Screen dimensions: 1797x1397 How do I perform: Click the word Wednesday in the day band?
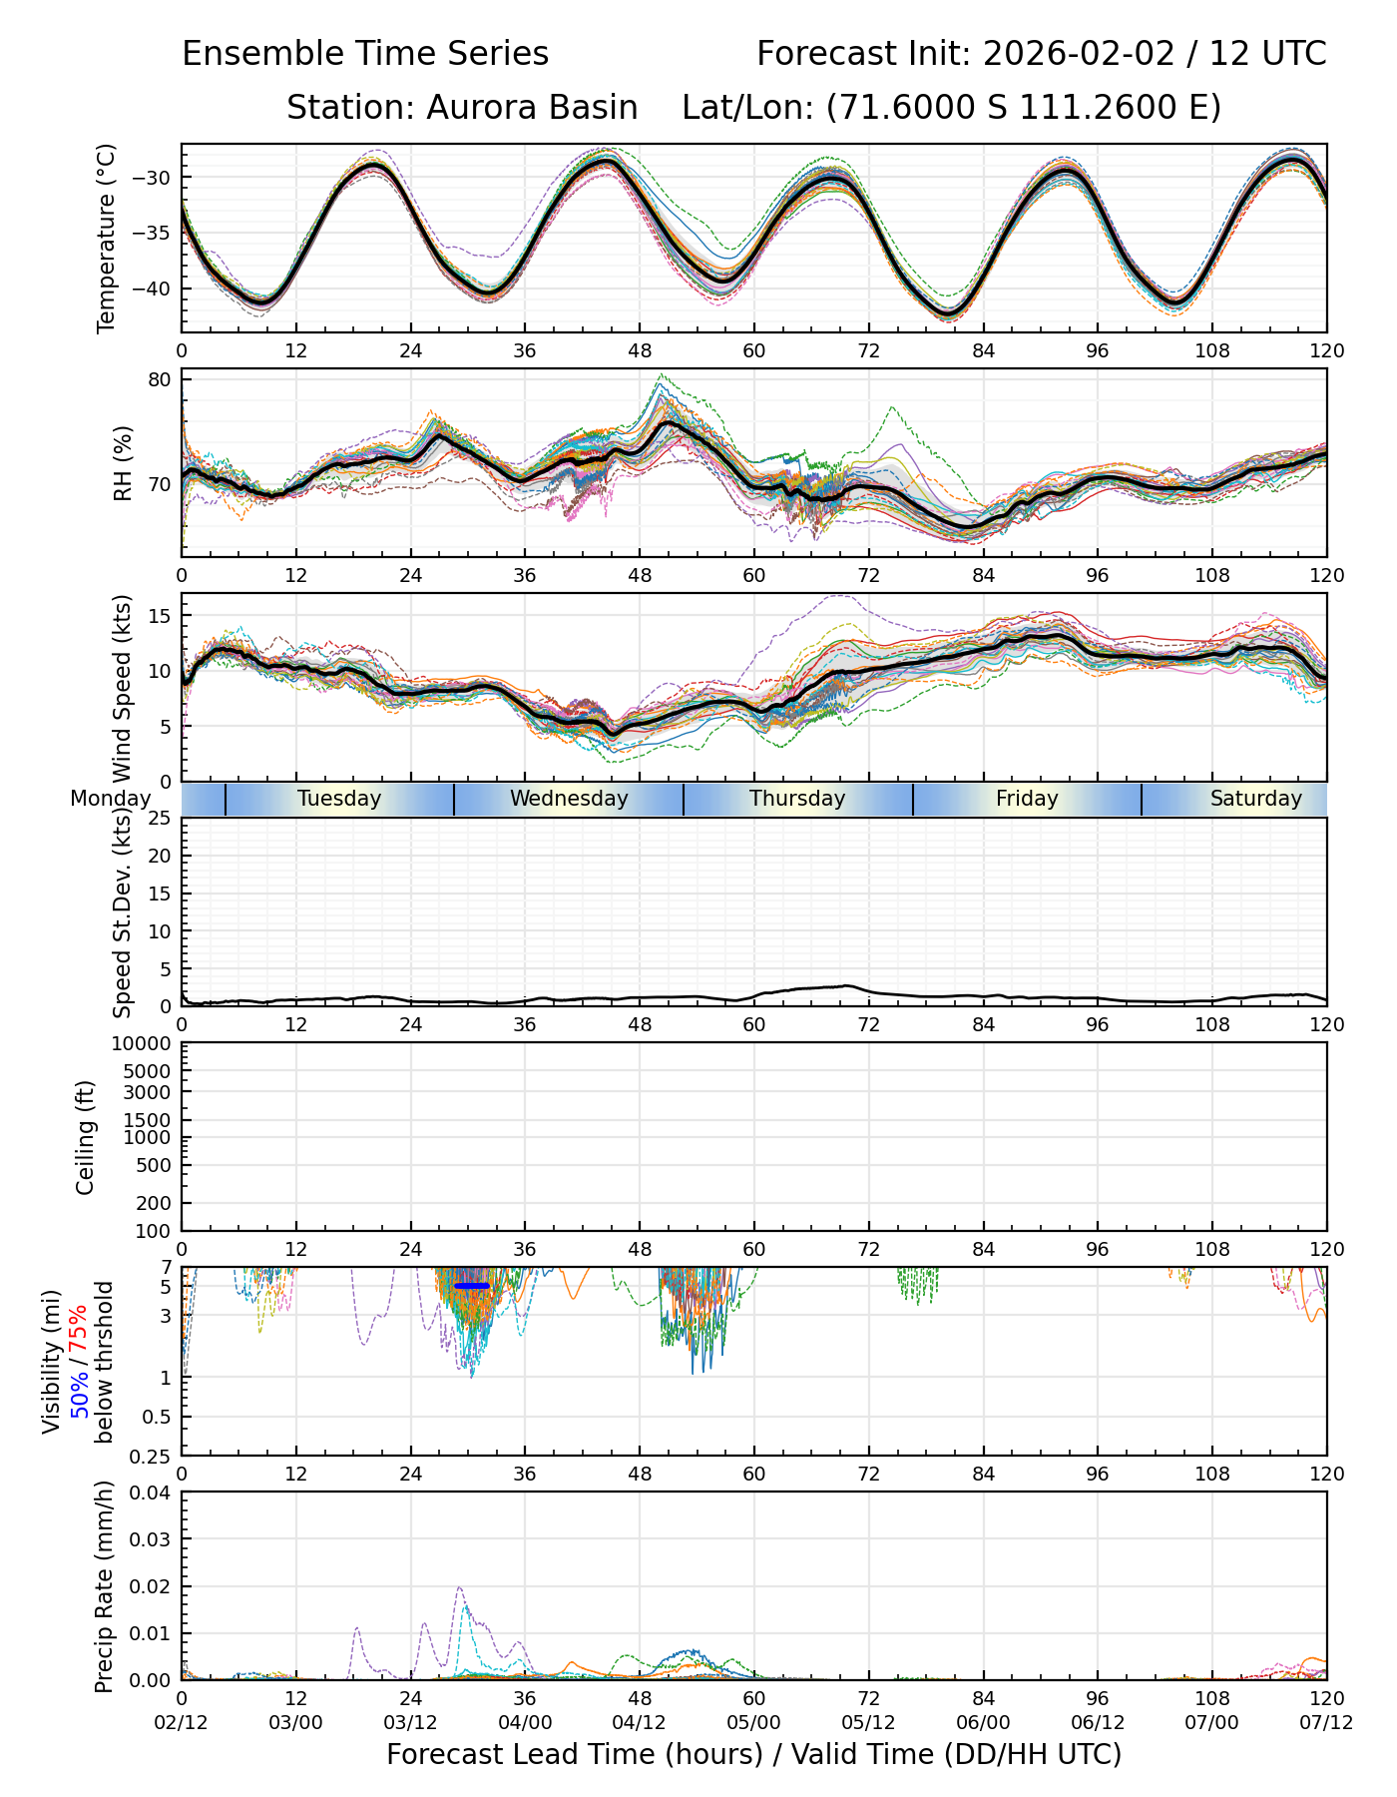569,799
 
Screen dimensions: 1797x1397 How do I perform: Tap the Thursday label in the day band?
797,799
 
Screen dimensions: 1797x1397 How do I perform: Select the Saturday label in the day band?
1255,799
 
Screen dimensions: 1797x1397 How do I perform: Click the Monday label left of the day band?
110,799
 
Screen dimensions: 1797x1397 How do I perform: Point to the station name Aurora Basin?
532,107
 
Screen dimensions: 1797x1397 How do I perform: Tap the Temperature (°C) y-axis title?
107,238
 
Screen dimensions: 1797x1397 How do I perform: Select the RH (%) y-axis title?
123,463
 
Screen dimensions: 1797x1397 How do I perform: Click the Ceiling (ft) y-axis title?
86,1137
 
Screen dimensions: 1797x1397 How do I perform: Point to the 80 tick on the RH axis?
162,379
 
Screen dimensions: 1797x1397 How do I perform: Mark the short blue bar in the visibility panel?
472,1286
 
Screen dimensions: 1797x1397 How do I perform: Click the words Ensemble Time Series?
365,54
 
